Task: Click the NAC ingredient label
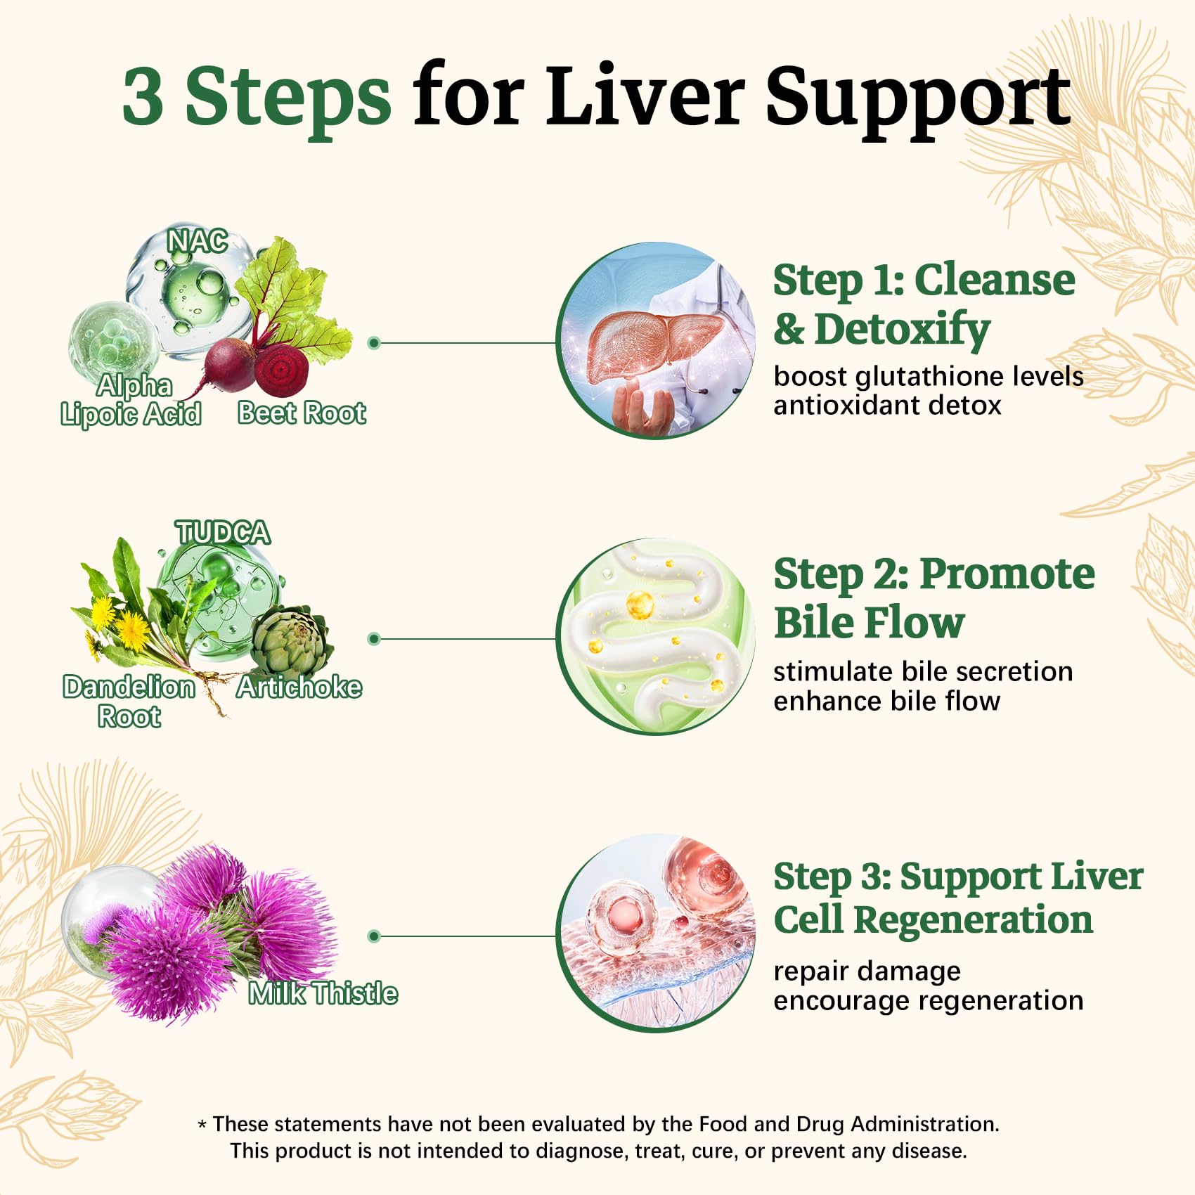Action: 198,241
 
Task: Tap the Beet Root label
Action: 302,413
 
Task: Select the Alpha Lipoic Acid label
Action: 131,400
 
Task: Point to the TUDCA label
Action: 222,532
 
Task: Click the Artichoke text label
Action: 299,687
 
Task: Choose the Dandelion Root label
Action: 129,702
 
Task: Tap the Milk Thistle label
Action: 323,993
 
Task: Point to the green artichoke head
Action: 290,641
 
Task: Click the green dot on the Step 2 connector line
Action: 374,639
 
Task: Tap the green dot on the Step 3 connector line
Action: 374,936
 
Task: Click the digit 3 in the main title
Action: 143,96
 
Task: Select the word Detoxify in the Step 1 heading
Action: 903,330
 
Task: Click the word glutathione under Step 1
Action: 917,377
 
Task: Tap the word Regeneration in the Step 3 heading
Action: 973,920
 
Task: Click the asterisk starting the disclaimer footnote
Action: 202,1125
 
